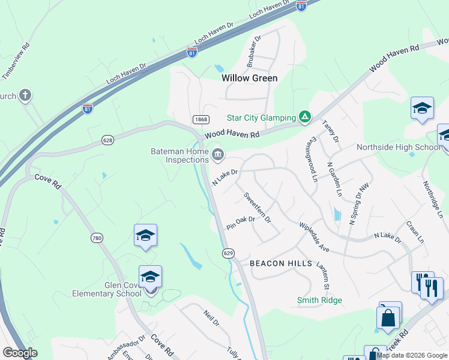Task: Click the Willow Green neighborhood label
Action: pos(249,78)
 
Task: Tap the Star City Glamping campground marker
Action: pos(305,117)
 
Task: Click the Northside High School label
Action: pos(399,147)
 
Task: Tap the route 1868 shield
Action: pos(200,120)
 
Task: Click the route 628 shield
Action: pos(107,140)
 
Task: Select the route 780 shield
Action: pos(97,238)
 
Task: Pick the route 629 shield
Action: pos(228,253)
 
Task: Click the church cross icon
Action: pos(25,95)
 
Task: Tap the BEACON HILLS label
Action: pos(281,263)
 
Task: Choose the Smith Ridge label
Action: pos(319,300)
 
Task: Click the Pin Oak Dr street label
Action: pos(241,223)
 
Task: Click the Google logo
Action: pos(20,353)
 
